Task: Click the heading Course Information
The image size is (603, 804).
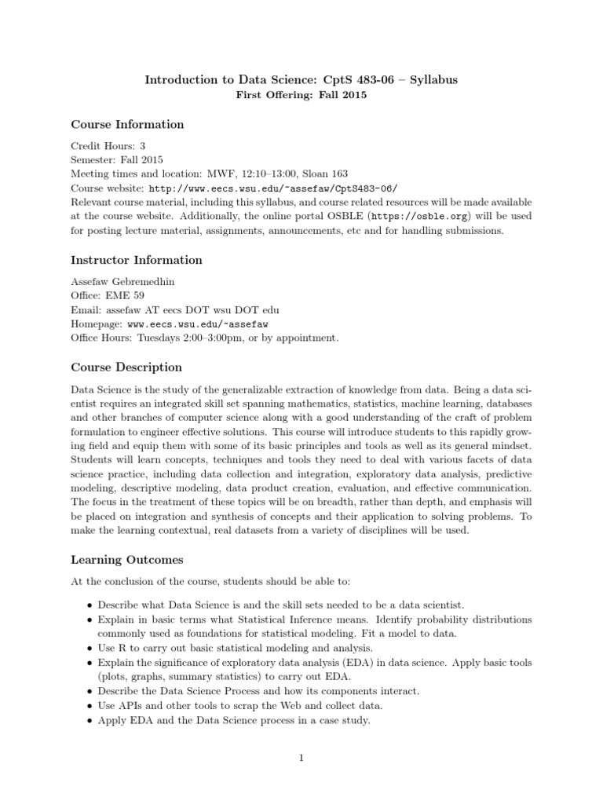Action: coord(127,124)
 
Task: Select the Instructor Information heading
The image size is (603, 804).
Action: coord(137,260)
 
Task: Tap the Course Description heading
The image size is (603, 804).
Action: coord(126,367)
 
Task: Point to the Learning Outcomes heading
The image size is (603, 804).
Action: coord(127,560)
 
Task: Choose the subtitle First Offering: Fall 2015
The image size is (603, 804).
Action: coord(301,96)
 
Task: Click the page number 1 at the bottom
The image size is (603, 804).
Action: coord(301,758)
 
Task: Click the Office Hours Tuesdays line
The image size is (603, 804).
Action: coord(205,338)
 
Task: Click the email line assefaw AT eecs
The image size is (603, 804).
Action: coord(174,309)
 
